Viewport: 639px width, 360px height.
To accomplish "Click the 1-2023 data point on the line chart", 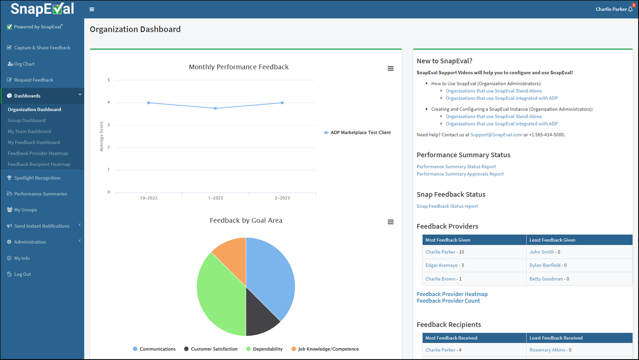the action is point(216,108).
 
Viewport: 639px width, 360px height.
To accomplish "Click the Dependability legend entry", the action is point(264,349).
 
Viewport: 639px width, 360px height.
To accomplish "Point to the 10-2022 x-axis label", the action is point(149,198).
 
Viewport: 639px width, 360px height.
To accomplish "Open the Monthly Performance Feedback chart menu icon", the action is point(391,69).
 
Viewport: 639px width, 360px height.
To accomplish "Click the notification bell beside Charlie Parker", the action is point(630,9).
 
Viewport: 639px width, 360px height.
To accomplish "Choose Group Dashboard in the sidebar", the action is point(26,121).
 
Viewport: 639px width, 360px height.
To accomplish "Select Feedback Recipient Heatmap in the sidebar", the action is point(39,164).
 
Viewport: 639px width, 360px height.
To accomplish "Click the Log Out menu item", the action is point(23,274).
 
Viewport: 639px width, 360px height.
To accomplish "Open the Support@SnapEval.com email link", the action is point(496,135).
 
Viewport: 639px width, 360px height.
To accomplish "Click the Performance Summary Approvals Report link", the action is point(460,174).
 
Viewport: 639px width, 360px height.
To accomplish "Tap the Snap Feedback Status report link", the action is point(447,206).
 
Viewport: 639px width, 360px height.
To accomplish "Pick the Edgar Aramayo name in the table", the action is point(441,265).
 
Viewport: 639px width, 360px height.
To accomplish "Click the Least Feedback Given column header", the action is point(552,240).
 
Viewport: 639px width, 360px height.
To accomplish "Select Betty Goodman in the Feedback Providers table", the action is point(546,279).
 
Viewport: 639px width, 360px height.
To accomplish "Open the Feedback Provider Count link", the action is point(448,301).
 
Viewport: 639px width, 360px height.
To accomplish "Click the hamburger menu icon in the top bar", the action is point(92,9).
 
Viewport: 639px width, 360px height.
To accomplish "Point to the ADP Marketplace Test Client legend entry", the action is point(357,132).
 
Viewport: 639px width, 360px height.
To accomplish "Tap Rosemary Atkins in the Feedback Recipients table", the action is point(547,350).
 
